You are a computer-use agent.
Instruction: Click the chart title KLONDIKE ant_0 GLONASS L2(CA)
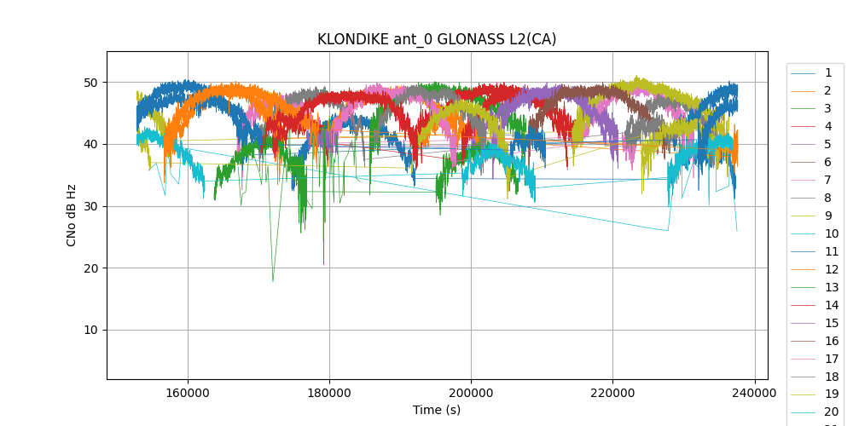click(437, 39)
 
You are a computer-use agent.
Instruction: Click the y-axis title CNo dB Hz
click(72, 215)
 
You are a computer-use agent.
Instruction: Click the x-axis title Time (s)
click(437, 410)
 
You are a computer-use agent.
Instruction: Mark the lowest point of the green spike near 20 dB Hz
click(273, 281)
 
